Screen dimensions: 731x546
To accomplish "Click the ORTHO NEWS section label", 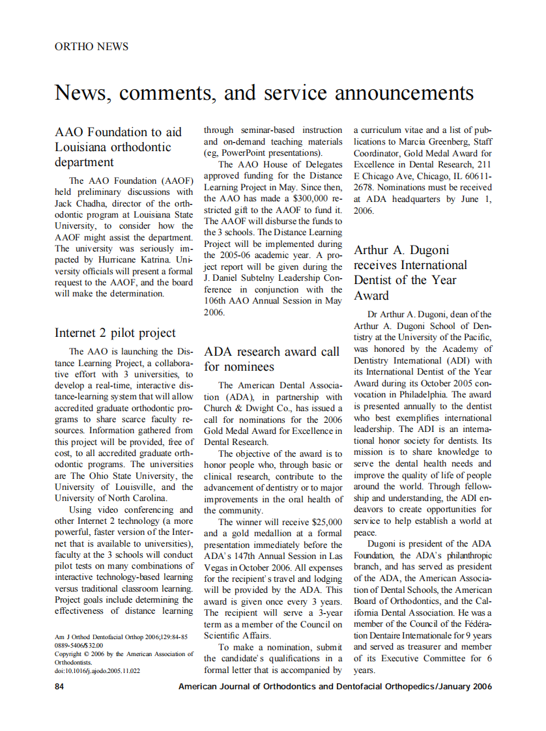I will pos(91,46).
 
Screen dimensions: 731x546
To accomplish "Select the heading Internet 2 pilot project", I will pos(115,332).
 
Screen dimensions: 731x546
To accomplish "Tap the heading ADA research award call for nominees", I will pos(271,359).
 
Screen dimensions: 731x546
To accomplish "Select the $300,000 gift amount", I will pos(308,198).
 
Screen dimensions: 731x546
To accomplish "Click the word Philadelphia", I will pos(425,395).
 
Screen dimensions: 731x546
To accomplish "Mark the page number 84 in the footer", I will pos(59,687).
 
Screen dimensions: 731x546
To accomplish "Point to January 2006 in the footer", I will pos(465,687).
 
